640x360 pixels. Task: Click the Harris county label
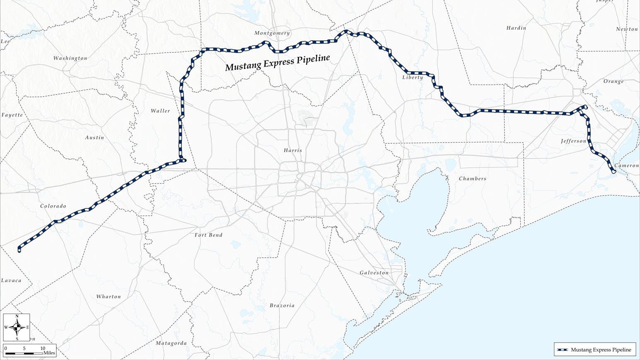point(292,150)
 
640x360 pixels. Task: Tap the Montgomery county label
point(272,33)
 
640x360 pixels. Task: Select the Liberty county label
point(413,77)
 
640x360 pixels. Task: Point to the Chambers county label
point(472,179)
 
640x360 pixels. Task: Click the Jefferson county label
point(573,141)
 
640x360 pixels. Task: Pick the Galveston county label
point(374,273)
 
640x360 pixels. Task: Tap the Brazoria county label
point(282,305)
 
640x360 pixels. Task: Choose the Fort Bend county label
point(208,235)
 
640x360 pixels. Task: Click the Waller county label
point(160,111)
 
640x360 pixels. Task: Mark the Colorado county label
point(53,206)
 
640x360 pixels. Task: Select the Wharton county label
point(109,297)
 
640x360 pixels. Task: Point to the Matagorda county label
point(171,343)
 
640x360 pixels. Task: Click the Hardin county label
point(516,28)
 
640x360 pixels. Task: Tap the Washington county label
point(70,58)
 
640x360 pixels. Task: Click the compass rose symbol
point(17,327)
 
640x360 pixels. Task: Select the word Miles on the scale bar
point(49,353)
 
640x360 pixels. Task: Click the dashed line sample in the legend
point(562,350)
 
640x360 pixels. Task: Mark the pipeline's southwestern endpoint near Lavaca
point(19,249)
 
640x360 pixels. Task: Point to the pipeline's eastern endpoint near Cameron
point(614,172)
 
